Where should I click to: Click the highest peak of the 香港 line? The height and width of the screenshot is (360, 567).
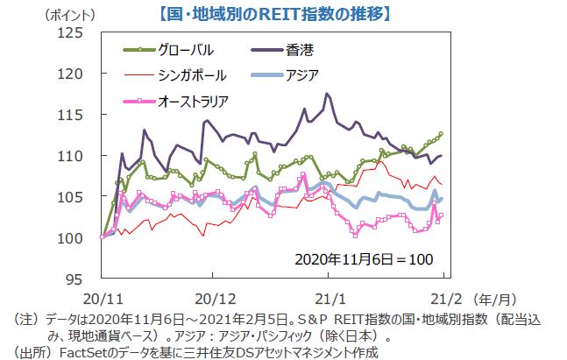327,93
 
